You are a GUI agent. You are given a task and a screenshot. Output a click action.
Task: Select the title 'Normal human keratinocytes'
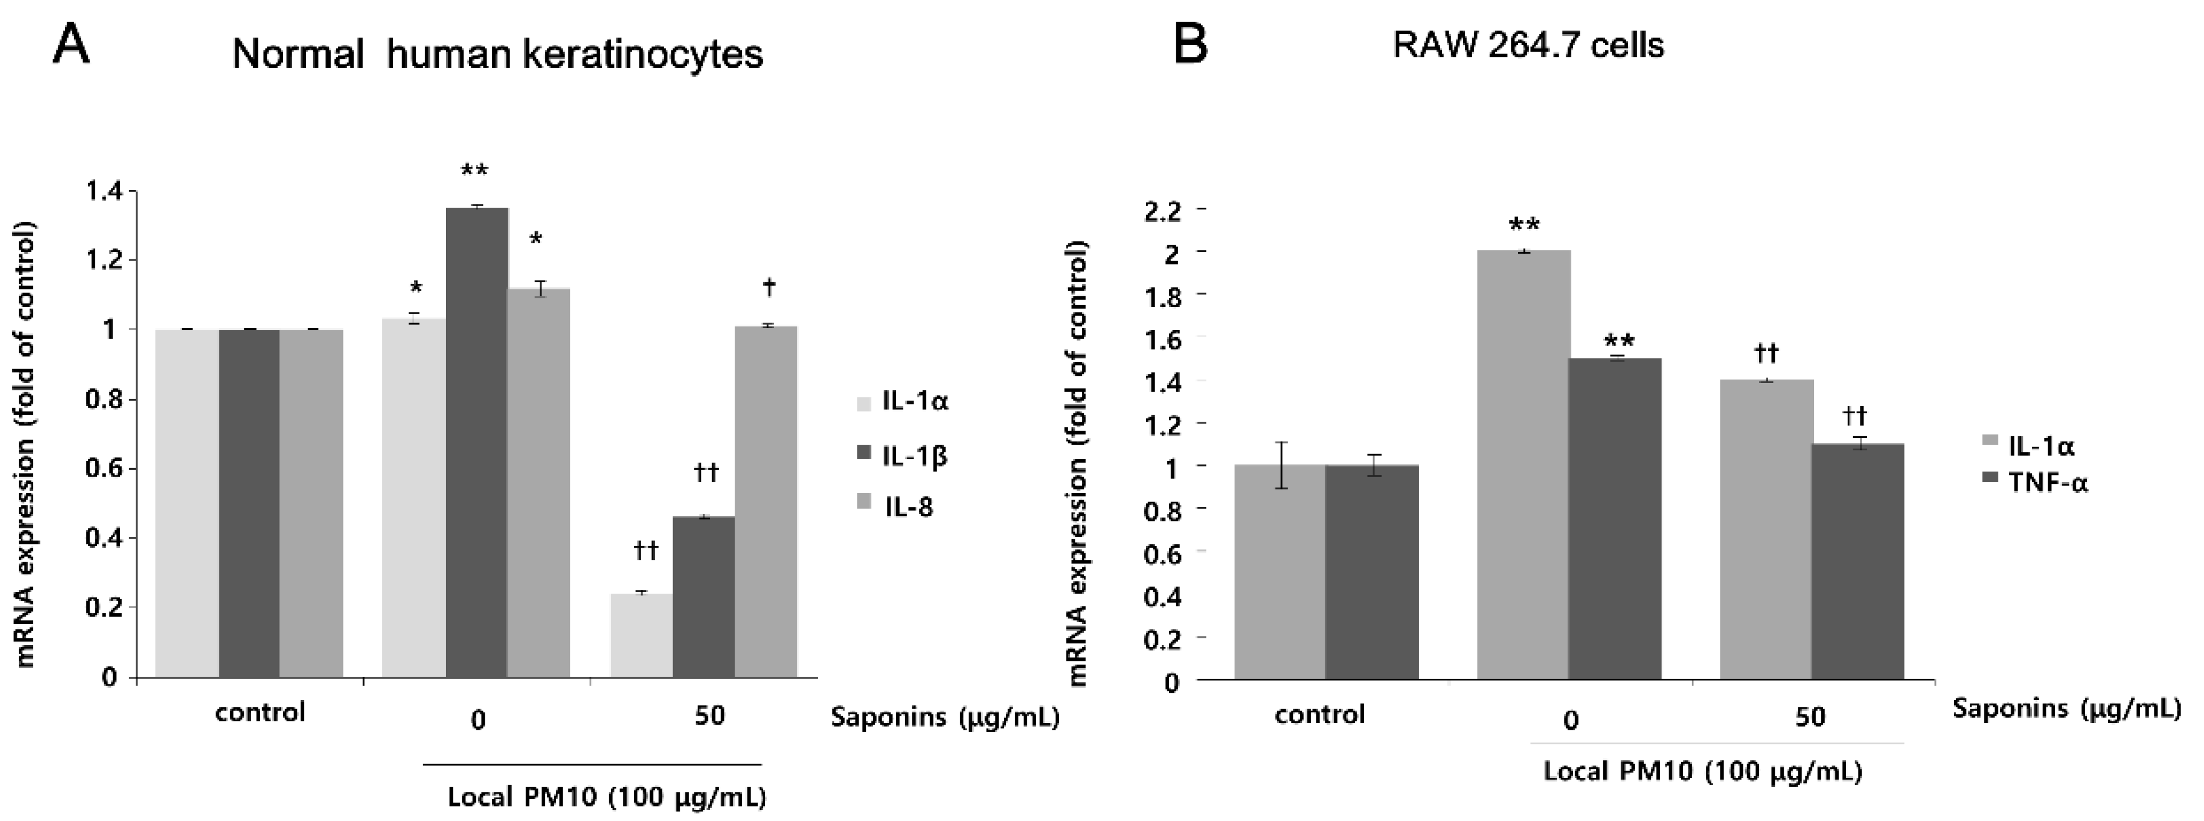point(497,55)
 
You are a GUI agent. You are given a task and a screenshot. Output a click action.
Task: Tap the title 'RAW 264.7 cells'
point(1528,44)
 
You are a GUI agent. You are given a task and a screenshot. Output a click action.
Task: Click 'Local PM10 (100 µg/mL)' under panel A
point(606,797)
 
